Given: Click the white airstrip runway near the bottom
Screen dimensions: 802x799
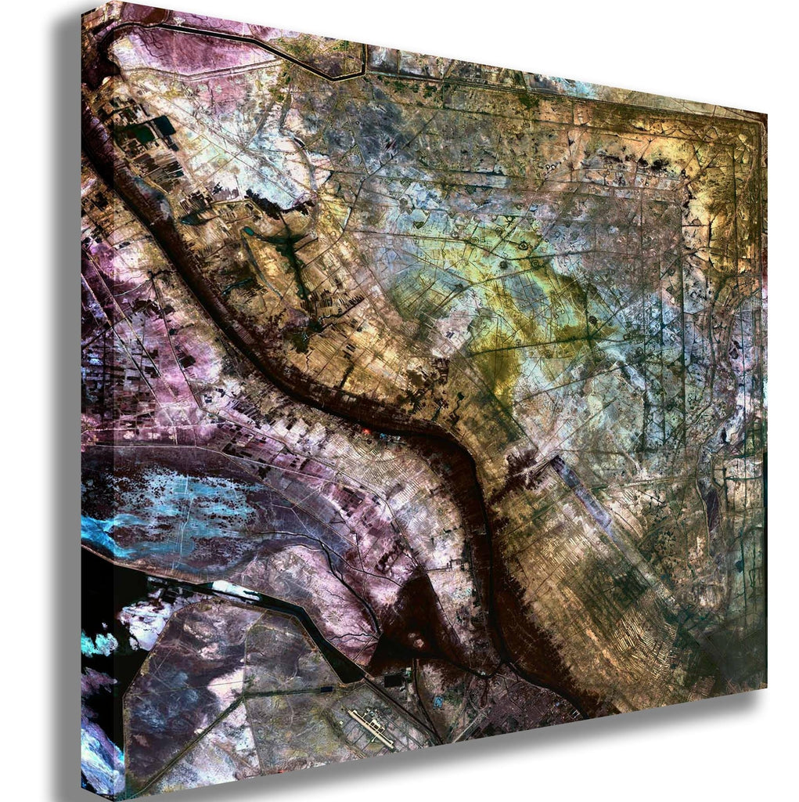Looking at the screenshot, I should [x=371, y=728].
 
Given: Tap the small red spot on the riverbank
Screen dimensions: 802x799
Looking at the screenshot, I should [x=368, y=430].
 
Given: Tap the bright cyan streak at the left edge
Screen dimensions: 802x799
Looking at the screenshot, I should [x=98, y=533].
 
